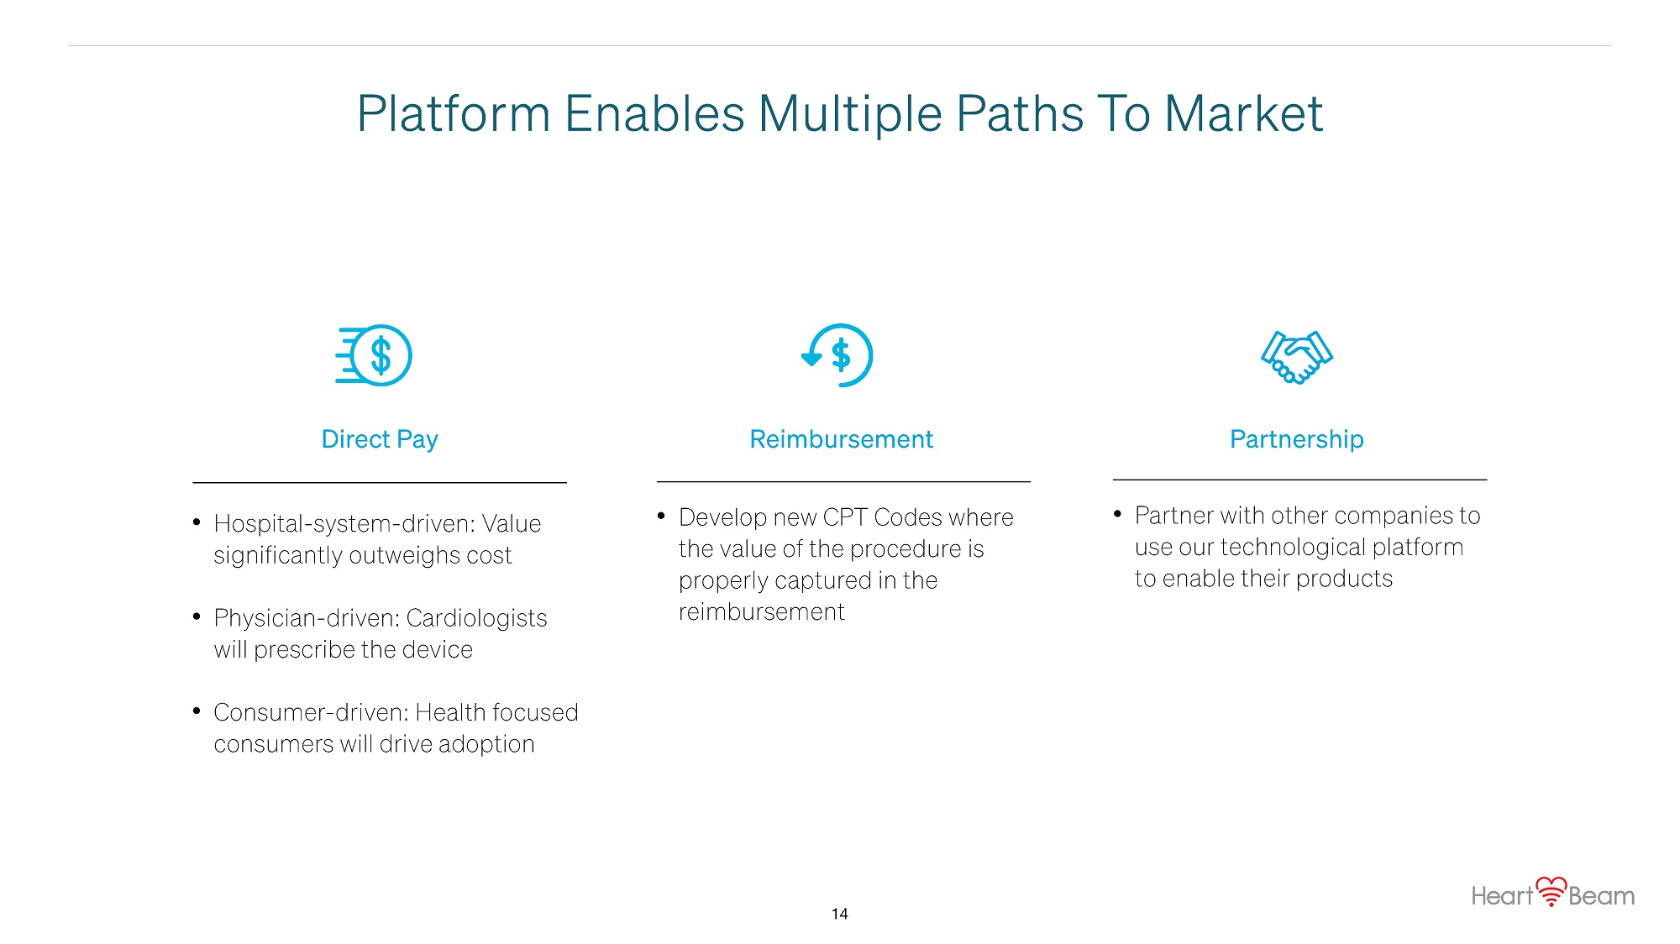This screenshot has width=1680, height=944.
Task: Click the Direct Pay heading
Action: [380, 439]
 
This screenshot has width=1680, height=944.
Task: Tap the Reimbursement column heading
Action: [841, 439]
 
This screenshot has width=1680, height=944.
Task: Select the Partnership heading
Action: [1296, 439]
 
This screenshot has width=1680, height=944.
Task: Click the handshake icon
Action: [1297, 357]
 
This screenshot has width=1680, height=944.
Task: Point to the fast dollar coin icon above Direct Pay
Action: [374, 355]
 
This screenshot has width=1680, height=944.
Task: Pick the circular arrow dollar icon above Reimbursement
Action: [837, 355]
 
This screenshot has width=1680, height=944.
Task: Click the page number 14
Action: [839, 914]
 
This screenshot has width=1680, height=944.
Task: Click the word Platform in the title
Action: [454, 114]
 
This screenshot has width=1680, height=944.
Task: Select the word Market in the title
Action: [1243, 114]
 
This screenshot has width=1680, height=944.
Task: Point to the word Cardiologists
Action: [476, 618]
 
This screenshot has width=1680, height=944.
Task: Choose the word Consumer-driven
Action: [311, 712]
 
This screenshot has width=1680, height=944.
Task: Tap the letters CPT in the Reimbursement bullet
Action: [845, 517]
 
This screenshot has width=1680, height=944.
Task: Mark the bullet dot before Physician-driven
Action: [197, 617]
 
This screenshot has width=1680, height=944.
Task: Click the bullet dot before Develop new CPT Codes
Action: [661, 516]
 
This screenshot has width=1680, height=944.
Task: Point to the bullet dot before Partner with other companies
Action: [1117, 514]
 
